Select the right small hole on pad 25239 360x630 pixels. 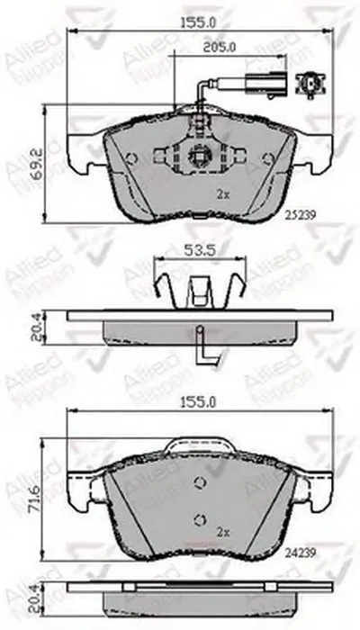pyautogui.click(x=266, y=159)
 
